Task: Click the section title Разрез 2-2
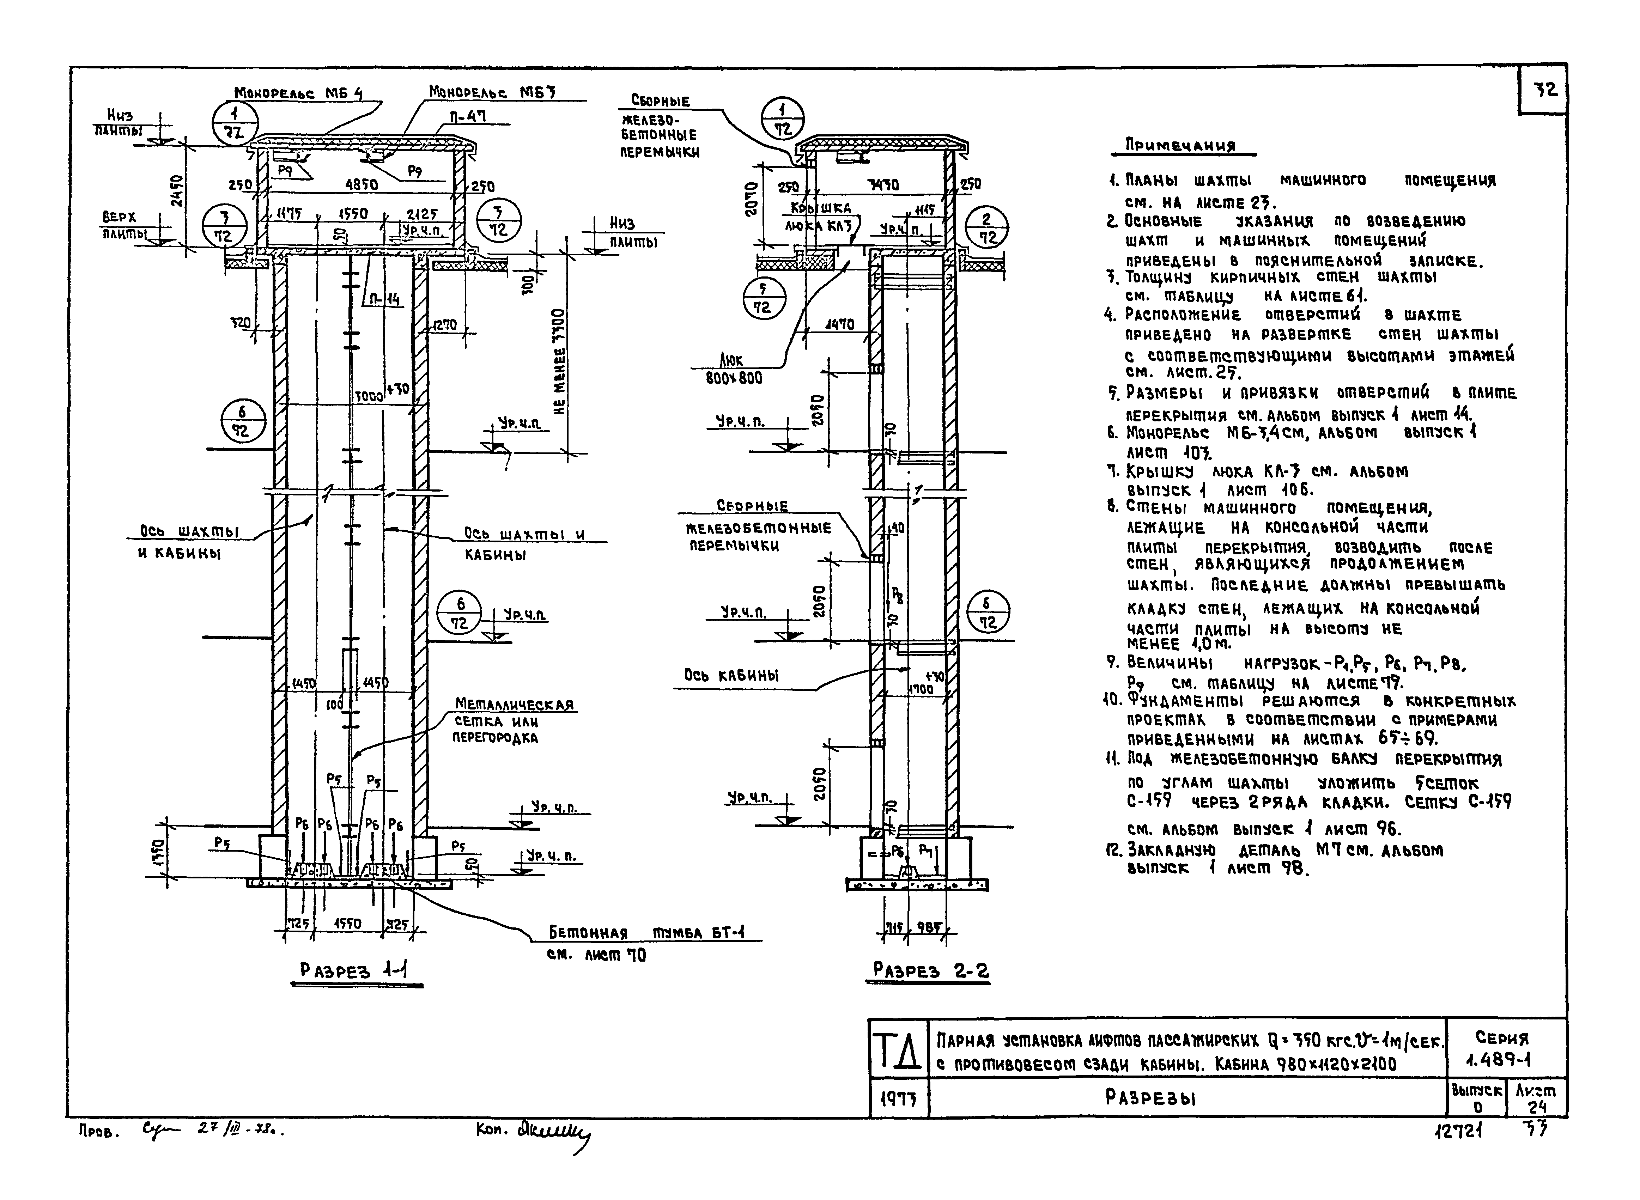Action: [x=930, y=970]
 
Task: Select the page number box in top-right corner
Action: [x=1543, y=90]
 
